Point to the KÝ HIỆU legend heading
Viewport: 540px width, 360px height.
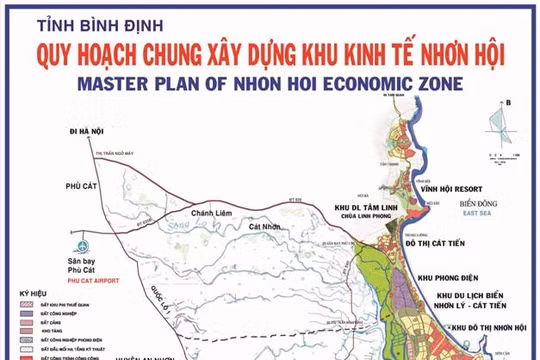click(32, 295)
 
